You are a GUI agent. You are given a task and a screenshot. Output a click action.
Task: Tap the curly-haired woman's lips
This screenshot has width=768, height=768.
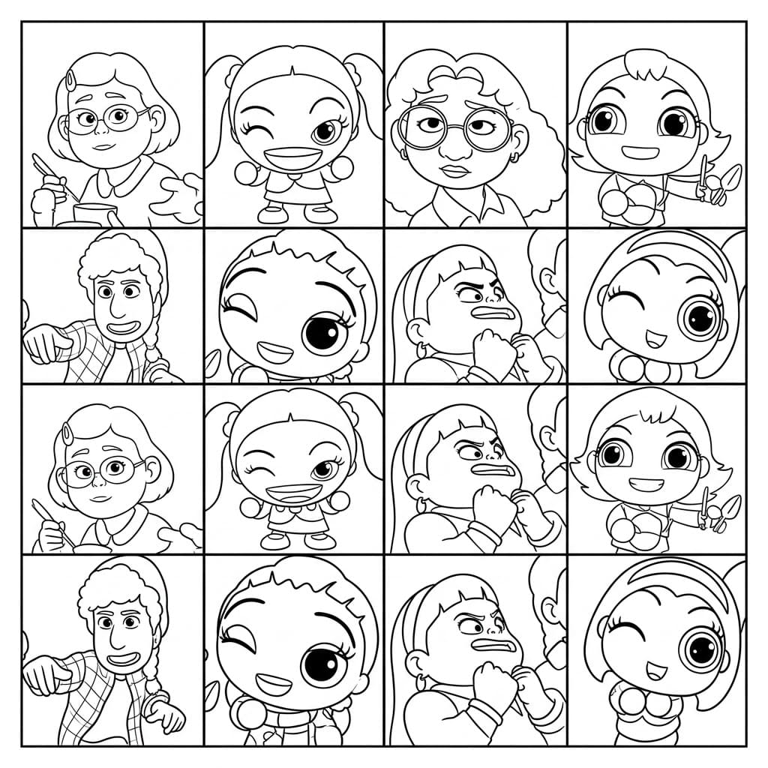455,171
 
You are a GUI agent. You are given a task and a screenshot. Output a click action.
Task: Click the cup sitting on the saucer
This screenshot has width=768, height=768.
94,212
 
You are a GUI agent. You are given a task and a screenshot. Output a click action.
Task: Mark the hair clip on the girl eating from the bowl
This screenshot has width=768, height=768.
68,432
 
